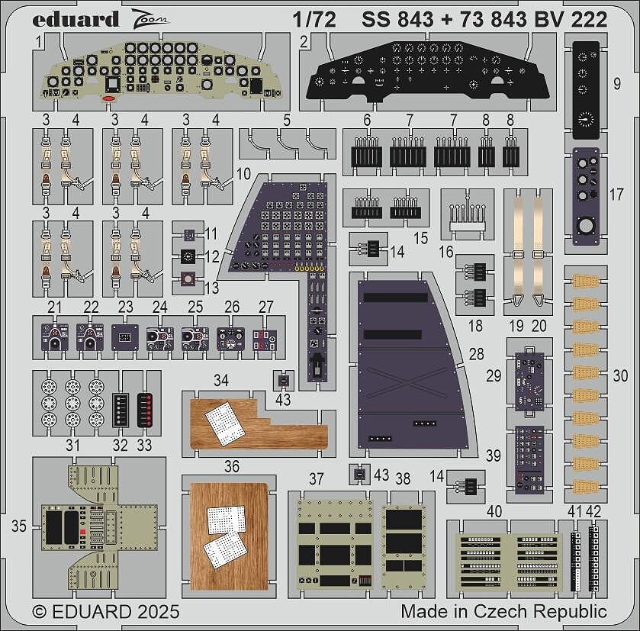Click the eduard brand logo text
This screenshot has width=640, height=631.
(x=76, y=19)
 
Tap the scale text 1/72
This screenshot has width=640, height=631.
(x=314, y=20)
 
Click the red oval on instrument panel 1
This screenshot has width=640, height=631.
(x=109, y=98)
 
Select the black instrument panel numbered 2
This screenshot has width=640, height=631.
(x=428, y=72)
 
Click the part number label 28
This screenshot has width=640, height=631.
(x=476, y=354)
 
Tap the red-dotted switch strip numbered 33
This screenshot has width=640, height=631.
(x=145, y=410)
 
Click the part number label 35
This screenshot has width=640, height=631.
(x=19, y=526)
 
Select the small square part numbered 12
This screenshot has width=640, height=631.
(x=188, y=256)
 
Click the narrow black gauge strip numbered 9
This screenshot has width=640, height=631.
(x=586, y=90)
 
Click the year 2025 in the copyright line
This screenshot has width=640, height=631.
(x=159, y=612)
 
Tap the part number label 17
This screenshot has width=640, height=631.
(x=616, y=195)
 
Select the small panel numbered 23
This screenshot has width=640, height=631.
(x=125, y=337)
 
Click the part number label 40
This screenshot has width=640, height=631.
(x=494, y=511)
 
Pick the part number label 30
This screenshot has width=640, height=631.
(x=620, y=376)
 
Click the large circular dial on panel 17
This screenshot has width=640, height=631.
(x=586, y=226)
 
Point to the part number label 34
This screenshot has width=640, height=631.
(x=220, y=381)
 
